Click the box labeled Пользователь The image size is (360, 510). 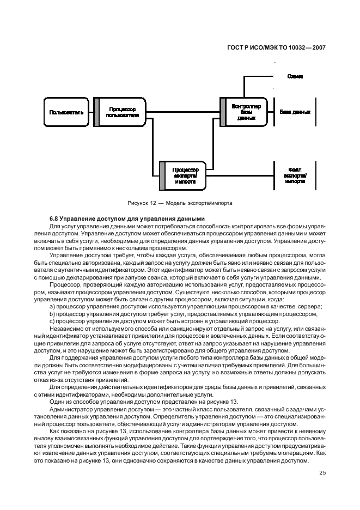point(66,112)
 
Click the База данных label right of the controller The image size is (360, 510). point(295,112)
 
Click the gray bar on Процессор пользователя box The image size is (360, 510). point(96,112)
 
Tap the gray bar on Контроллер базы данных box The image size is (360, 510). point(223,112)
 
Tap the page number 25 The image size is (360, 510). point(322,472)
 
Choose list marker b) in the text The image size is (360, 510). point(52,314)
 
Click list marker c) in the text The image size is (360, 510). point(52,321)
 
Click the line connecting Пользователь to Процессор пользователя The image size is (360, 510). point(88,112)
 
